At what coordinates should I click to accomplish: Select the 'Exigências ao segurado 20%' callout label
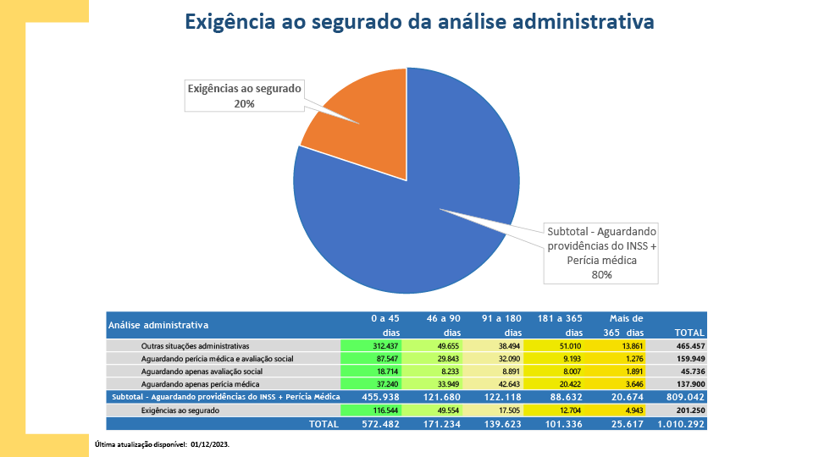[x=244, y=96]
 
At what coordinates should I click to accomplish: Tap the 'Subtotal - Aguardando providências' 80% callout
[x=602, y=252]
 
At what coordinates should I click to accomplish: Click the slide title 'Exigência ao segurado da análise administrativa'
[x=419, y=22]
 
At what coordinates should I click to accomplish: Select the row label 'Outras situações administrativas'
[x=195, y=346]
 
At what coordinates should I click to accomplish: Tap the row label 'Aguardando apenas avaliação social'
[x=202, y=372]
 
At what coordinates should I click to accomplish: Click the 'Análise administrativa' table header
[x=158, y=325]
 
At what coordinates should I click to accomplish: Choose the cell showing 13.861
[x=627, y=346]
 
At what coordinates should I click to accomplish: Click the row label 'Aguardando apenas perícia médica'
[x=200, y=384]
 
